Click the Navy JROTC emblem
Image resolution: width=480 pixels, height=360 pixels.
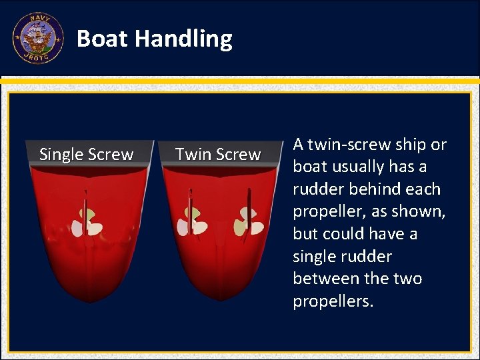[x=37, y=39]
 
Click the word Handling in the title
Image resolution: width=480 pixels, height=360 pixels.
[x=183, y=39]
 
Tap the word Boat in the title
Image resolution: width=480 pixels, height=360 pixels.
[x=103, y=39]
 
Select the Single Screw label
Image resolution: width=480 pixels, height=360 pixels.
[x=86, y=155]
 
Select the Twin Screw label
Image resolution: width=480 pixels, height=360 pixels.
[x=217, y=155]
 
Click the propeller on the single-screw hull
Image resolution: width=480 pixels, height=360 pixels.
[x=87, y=222]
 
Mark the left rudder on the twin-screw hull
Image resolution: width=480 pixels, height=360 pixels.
[x=190, y=213]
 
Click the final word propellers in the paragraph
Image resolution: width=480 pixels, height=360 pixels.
[x=333, y=301]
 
